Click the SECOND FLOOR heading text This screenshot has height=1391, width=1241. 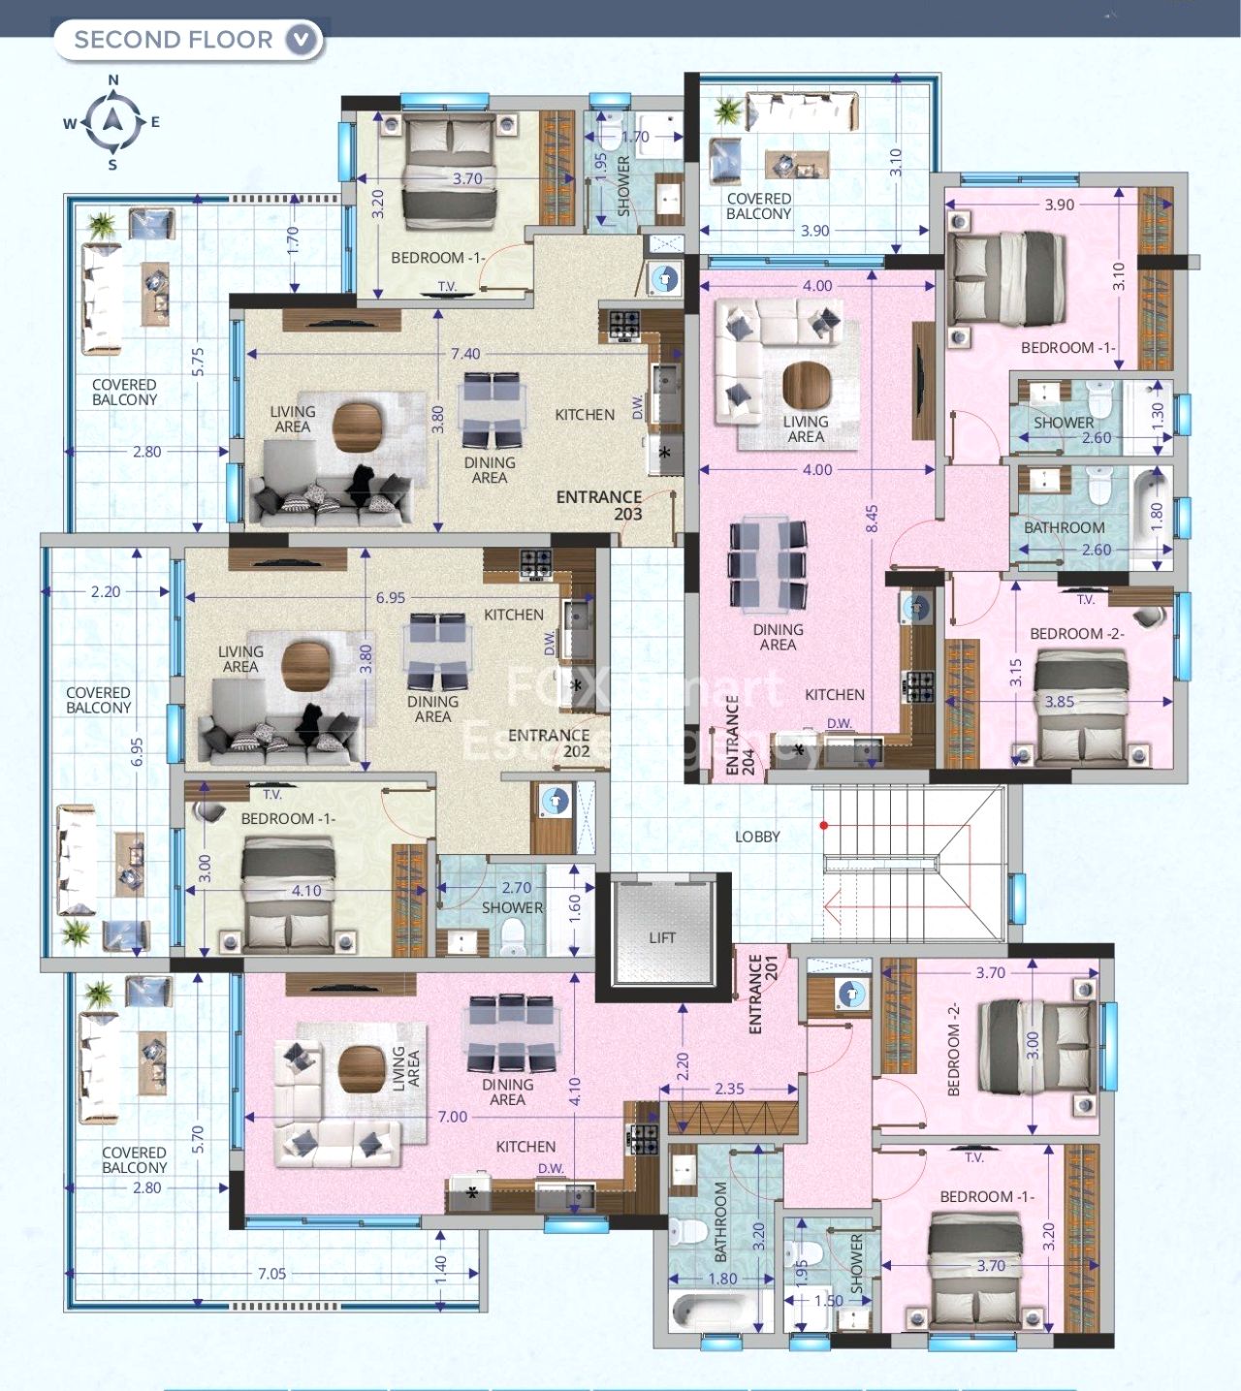click(x=174, y=40)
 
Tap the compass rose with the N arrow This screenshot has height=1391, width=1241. click(x=113, y=121)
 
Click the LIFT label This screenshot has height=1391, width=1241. click(x=662, y=937)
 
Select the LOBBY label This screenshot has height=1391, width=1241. click(x=757, y=837)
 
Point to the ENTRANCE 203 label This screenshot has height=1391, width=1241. click(x=599, y=505)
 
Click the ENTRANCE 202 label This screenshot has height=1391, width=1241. click(x=549, y=743)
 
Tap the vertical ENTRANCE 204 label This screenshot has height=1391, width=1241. click(x=740, y=738)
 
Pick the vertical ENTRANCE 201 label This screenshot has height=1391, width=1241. click(x=763, y=994)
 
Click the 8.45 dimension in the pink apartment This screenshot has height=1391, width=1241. click(x=872, y=519)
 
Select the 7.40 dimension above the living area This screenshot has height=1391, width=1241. click(x=465, y=354)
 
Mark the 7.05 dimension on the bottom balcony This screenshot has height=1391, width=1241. click(x=271, y=1274)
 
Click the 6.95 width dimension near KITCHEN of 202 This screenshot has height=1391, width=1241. click(x=391, y=598)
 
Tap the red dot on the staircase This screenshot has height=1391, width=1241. click(x=823, y=826)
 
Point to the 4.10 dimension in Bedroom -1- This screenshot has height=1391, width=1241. click(x=306, y=890)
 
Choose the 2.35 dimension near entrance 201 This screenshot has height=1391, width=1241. click(x=729, y=1089)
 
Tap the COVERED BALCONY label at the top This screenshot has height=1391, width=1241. click(x=759, y=205)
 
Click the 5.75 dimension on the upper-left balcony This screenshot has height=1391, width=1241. click(x=199, y=362)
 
